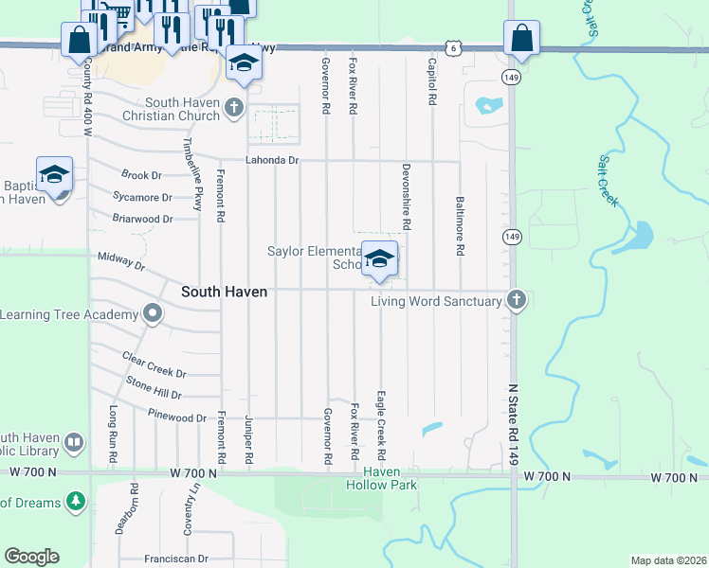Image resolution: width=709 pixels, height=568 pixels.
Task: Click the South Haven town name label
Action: (x=224, y=293)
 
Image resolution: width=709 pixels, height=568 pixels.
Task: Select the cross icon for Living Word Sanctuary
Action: (x=517, y=300)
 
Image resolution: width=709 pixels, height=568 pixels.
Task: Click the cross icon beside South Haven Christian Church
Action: (x=235, y=109)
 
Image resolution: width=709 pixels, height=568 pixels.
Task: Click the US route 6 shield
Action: (x=454, y=46)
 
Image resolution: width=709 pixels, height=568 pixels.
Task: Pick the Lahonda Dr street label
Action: (x=273, y=161)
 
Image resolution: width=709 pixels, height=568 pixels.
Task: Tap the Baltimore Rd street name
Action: (x=460, y=226)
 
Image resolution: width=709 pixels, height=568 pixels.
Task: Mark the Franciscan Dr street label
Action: (x=175, y=559)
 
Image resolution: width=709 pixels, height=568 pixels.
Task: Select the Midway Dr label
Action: (x=121, y=262)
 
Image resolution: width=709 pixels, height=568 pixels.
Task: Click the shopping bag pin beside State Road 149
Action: (x=521, y=39)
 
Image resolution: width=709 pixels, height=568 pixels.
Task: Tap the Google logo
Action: (x=31, y=557)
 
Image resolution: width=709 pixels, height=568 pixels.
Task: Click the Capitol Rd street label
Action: (x=431, y=81)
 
